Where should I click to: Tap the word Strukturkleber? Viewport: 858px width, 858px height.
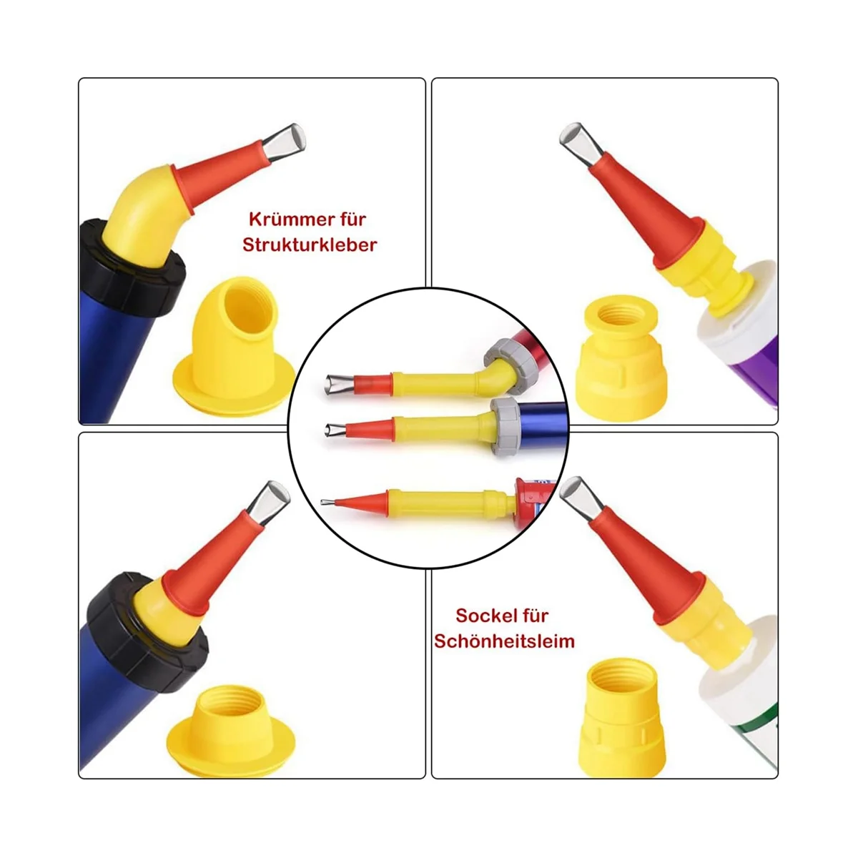309,245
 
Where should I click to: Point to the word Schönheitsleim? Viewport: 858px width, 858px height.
505,641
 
